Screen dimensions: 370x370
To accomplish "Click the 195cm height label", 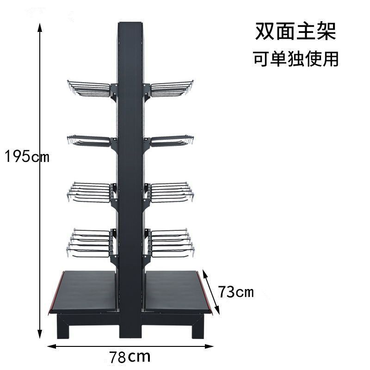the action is pos(27,157).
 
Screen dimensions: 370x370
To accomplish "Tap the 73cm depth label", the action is pos(236,292).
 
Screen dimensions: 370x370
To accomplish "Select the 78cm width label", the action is pos(130,357).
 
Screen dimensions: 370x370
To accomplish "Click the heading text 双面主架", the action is pos(296,32).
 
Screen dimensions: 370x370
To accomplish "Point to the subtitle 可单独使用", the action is pos(296,59).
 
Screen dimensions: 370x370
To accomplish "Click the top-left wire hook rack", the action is pos(90,89).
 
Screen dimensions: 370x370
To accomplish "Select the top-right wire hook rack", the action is pos(171,89).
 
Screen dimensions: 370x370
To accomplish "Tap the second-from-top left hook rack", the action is pos(90,141).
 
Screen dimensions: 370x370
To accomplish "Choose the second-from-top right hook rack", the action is pos(171,141).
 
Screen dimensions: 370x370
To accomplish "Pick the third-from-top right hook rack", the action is pos(170,192).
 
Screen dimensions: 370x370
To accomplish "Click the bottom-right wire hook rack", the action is pos(170,243).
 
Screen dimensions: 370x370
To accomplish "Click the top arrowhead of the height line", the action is pos(40,24).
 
